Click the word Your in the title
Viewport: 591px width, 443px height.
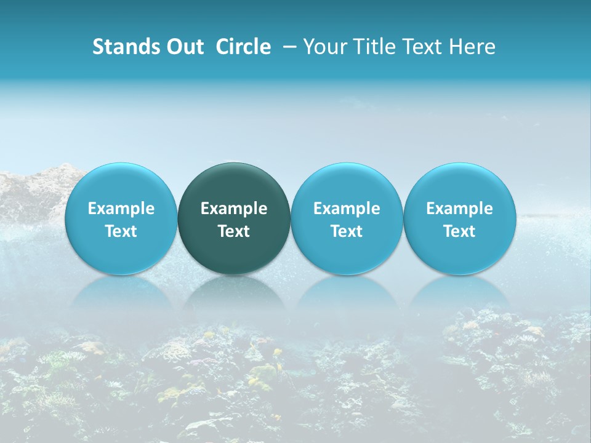(x=324, y=47)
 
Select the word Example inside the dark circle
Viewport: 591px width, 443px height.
(x=234, y=209)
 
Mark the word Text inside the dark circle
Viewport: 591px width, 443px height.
(x=234, y=231)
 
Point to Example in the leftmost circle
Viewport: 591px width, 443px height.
(x=121, y=209)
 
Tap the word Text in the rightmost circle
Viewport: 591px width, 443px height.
(x=460, y=231)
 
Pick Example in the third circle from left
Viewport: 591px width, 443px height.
(x=347, y=209)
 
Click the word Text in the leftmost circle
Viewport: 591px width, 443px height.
(x=121, y=231)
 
